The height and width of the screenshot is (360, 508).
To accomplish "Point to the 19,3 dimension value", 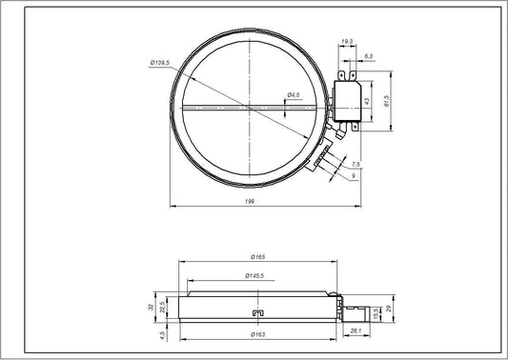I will tap(347, 42).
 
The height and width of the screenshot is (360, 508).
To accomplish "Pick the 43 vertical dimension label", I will tap(367, 99).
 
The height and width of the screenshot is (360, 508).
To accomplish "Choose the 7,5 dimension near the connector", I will tap(356, 163).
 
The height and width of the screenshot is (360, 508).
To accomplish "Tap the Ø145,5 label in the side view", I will tap(254, 276).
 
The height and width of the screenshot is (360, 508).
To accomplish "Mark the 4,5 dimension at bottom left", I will tap(163, 334).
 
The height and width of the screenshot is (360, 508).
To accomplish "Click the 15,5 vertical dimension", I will tap(376, 313).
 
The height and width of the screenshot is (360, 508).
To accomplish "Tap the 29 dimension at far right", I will tap(388, 311).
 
